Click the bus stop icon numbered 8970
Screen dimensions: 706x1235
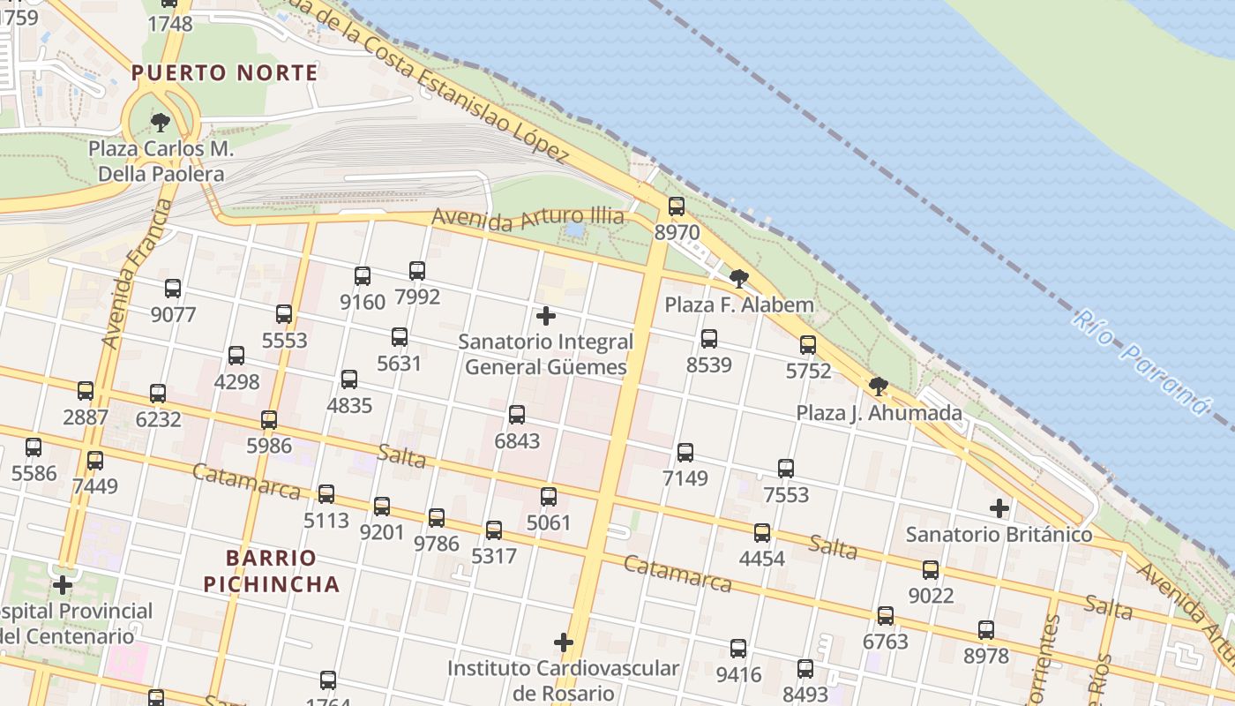click(677, 207)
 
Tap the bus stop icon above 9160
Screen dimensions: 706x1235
click(363, 276)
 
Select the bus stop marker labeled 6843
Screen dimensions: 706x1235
click(517, 414)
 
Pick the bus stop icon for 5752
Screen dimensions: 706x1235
click(808, 345)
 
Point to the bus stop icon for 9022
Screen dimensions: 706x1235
click(931, 570)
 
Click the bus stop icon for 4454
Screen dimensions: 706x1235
click(762, 532)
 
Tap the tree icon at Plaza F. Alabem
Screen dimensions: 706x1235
click(739, 280)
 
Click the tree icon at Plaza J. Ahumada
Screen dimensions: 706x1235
click(878, 387)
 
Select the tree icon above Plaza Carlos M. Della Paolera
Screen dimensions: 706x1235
click(160, 122)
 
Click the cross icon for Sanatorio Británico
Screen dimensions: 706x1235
click(999, 508)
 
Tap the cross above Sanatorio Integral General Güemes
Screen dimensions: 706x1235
click(546, 315)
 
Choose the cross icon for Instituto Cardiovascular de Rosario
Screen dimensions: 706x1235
click(563, 642)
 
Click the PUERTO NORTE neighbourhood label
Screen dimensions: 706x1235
click(224, 73)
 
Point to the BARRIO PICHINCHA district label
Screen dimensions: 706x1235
click(271, 571)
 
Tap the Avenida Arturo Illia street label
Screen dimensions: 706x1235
click(528, 218)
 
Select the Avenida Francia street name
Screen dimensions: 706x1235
click(138, 273)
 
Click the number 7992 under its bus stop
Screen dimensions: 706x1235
click(417, 297)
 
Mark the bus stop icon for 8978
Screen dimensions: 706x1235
click(986, 630)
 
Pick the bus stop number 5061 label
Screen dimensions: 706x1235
click(549, 523)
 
